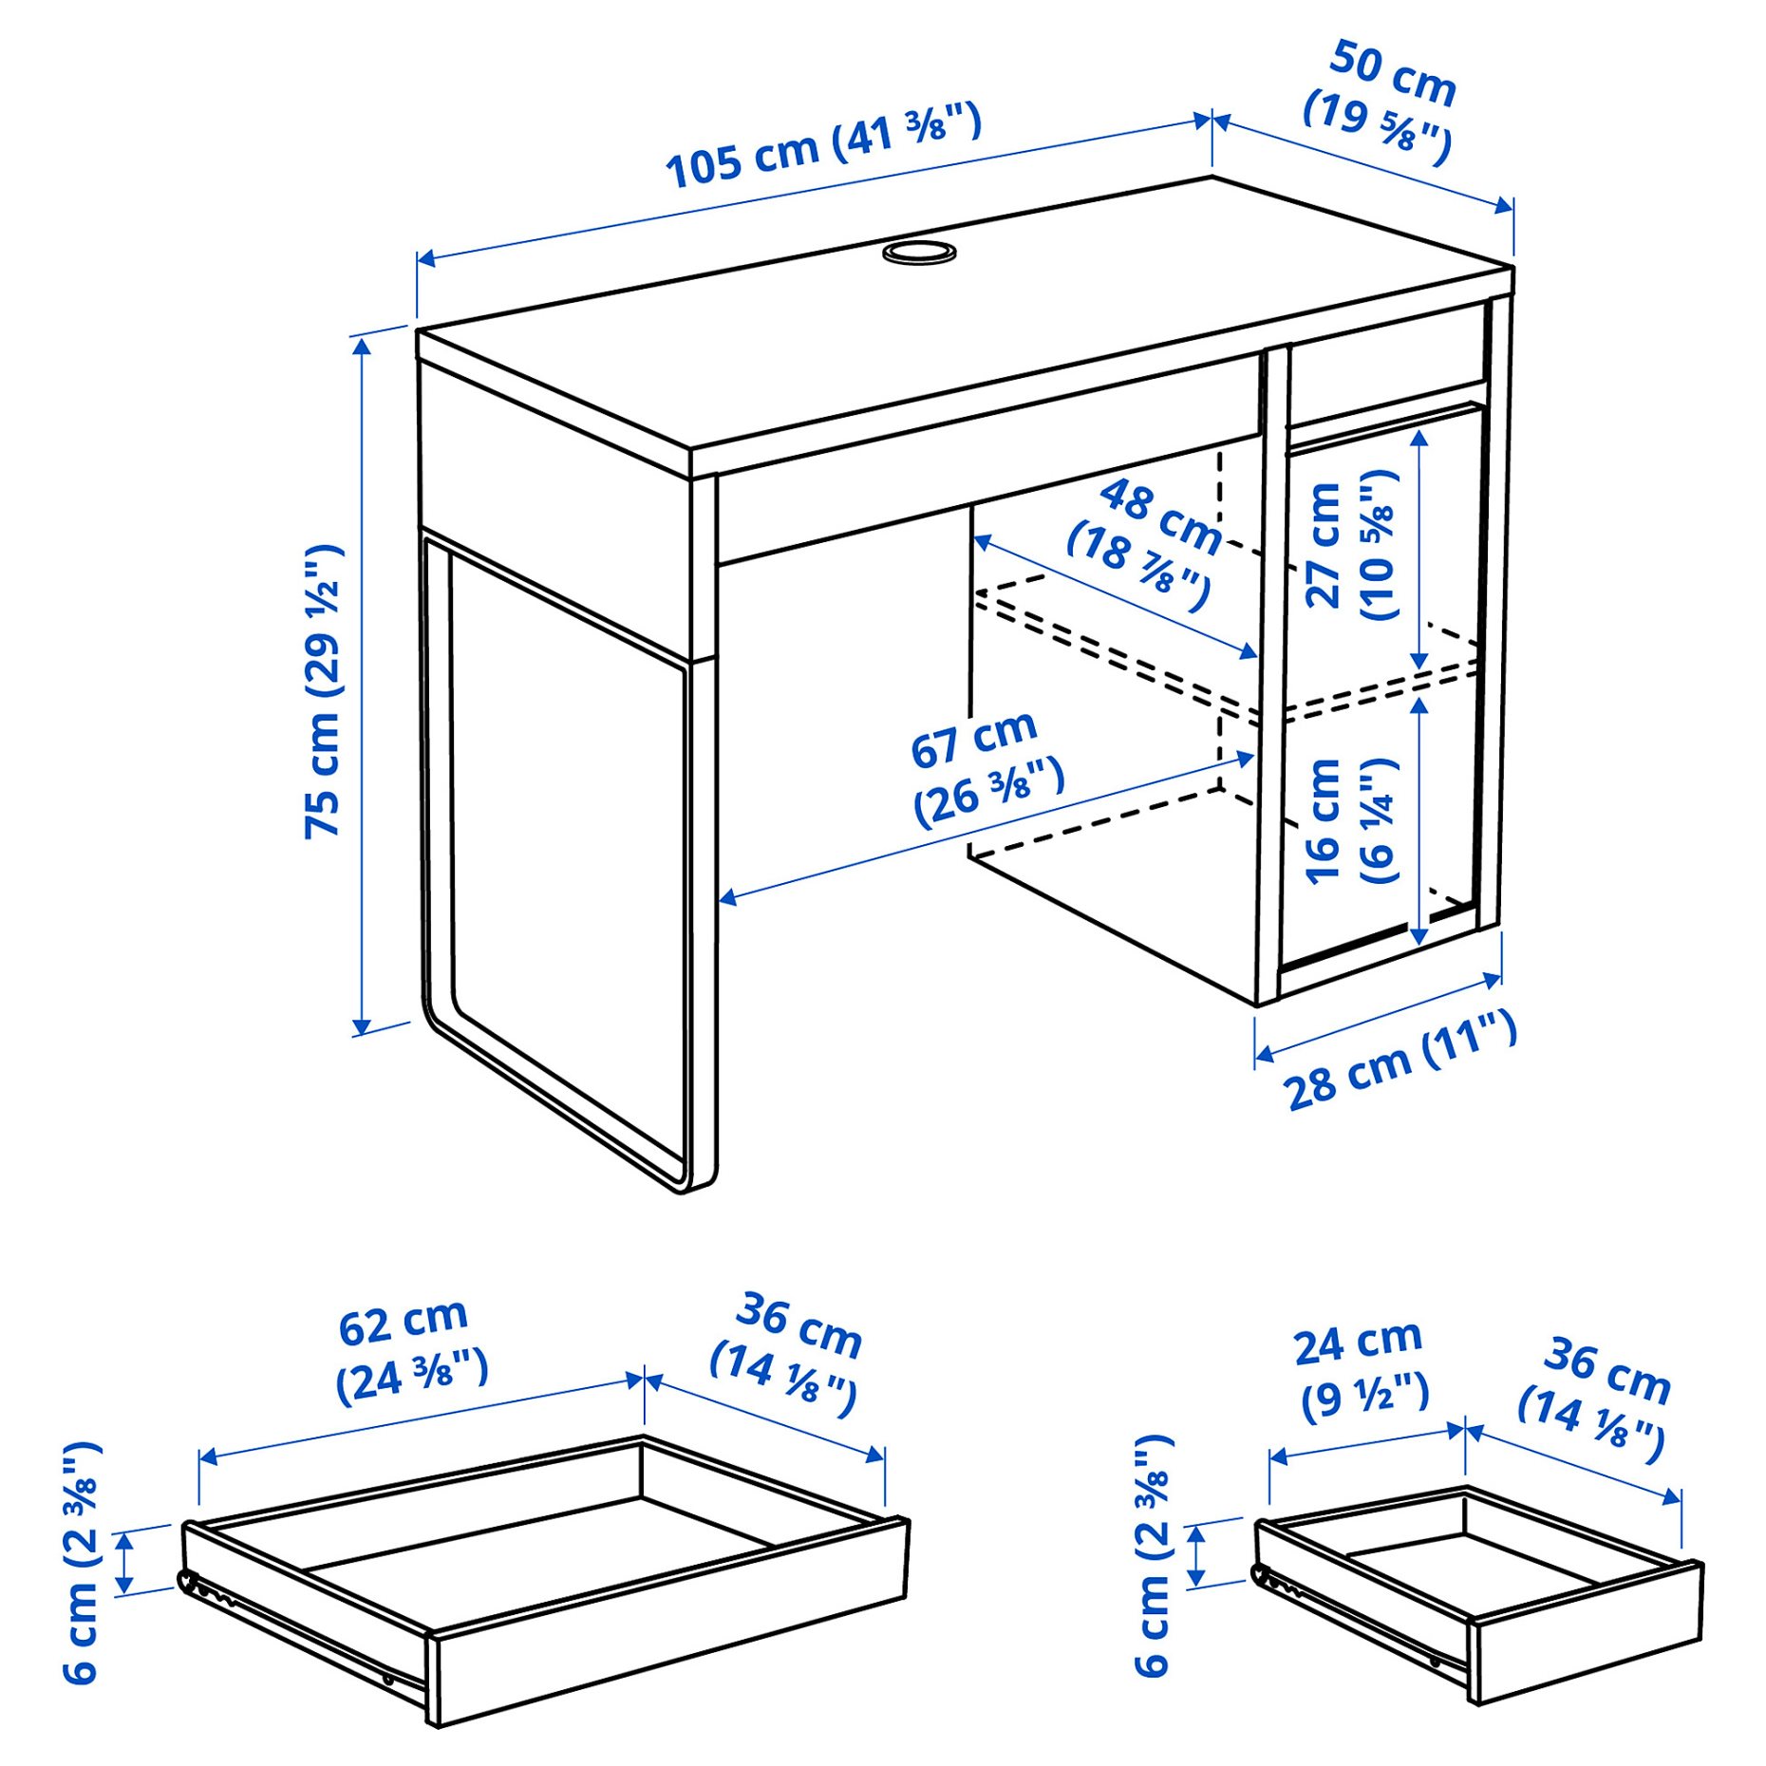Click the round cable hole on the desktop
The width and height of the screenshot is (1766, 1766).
918,253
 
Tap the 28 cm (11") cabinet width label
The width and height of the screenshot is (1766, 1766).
1400,1060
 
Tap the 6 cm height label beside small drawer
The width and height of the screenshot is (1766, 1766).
1155,1557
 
